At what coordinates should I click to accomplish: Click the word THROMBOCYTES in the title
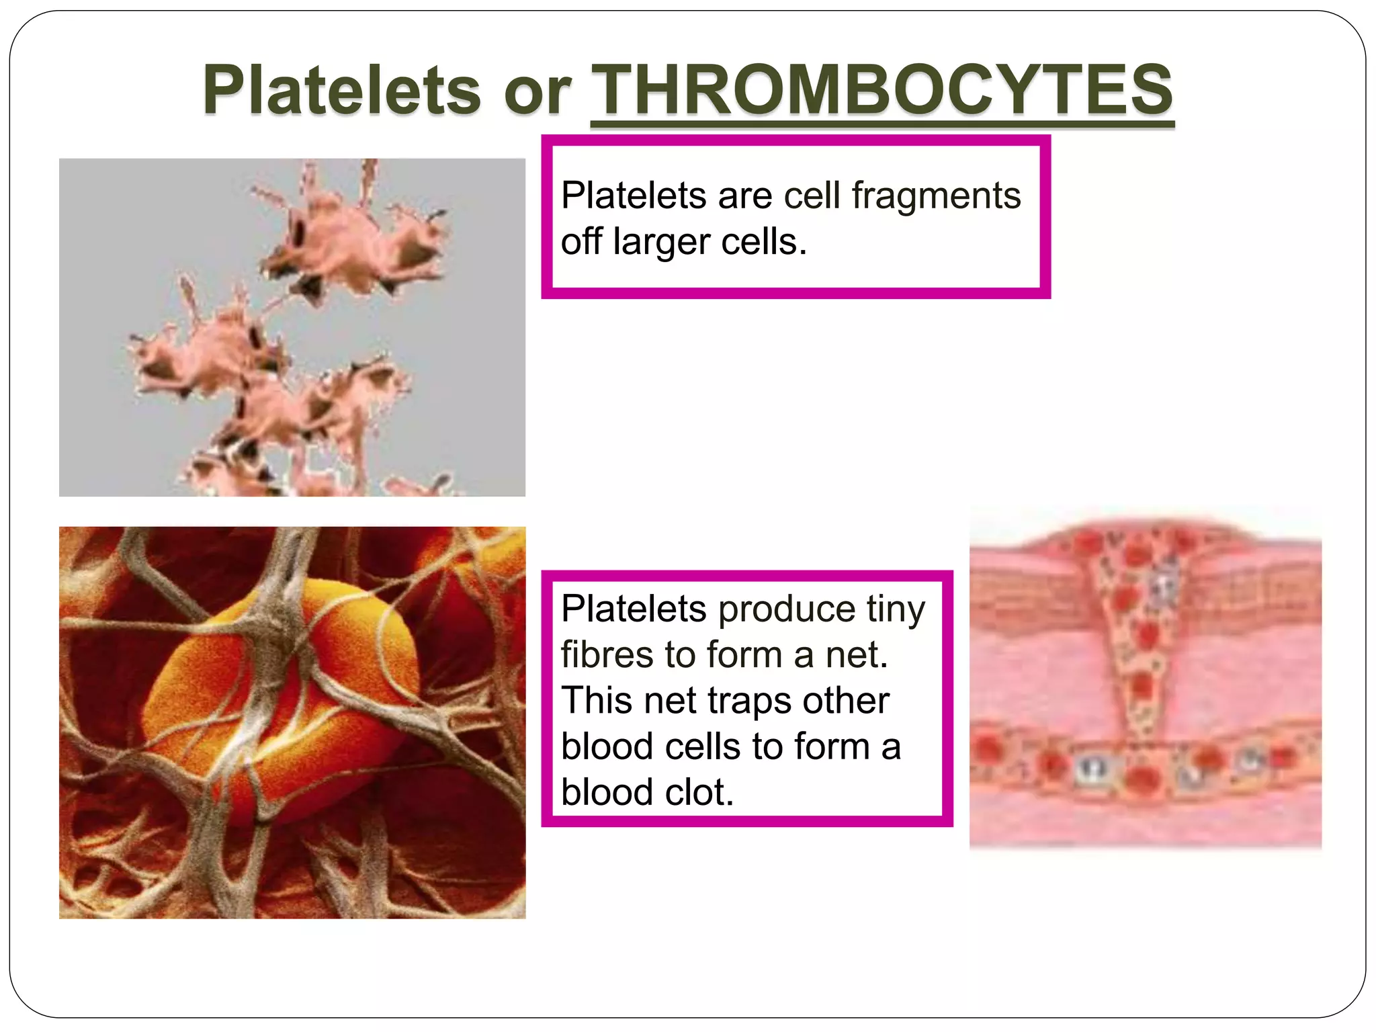tap(881, 91)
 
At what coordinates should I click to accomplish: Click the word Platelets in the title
tap(342, 91)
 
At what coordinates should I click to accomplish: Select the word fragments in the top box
tap(936, 196)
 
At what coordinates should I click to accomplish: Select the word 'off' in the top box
tap(581, 242)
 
